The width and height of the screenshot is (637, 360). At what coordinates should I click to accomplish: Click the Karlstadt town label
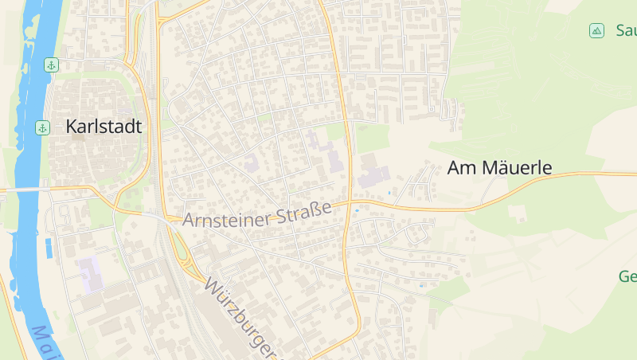(104, 126)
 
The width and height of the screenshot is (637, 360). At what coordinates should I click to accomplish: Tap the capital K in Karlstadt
(72, 126)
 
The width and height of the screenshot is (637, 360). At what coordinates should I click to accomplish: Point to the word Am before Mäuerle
(459, 167)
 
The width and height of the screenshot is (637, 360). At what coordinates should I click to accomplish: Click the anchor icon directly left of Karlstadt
(41, 127)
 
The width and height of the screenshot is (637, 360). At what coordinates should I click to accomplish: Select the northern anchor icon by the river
(51, 65)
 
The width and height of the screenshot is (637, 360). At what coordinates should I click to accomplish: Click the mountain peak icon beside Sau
(596, 31)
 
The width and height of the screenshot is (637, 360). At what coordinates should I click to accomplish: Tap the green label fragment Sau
(625, 31)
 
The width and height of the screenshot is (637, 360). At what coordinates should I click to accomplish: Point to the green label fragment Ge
(627, 277)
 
